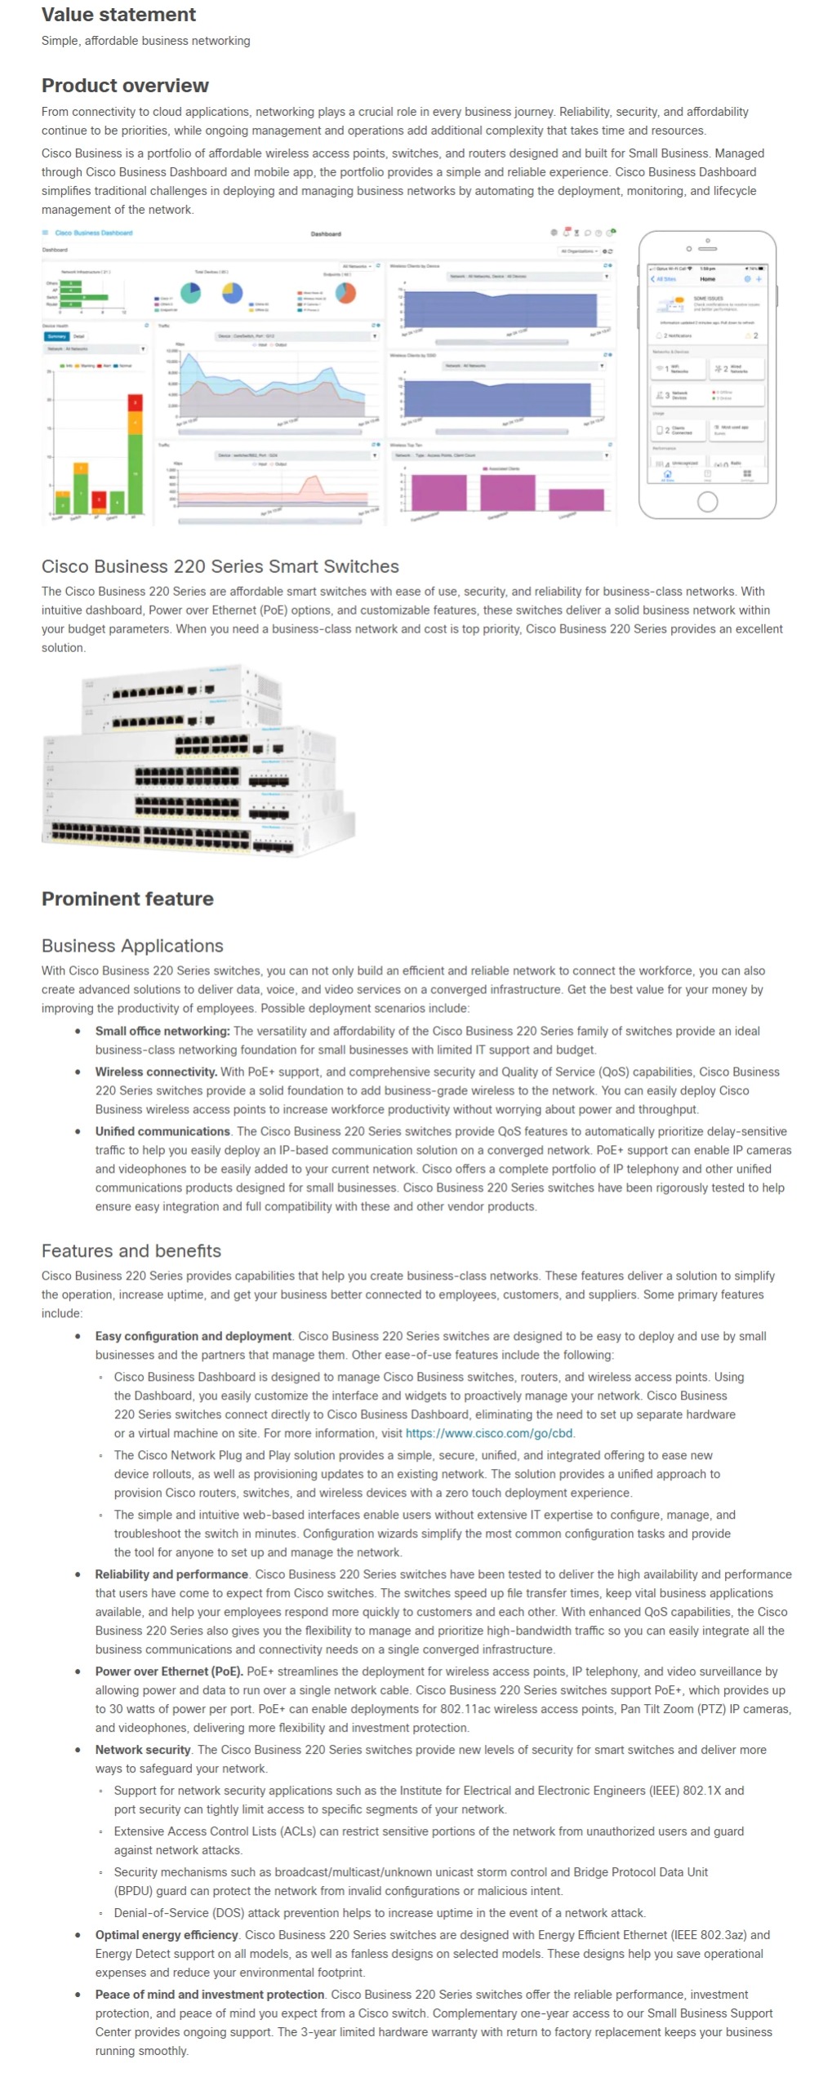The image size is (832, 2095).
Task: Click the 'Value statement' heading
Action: [x=118, y=15]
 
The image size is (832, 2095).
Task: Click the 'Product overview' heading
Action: [x=125, y=86]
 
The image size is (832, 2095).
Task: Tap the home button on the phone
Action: [x=707, y=501]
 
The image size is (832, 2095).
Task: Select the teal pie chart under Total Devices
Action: [x=190, y=292]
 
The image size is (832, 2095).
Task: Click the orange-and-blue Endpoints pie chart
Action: [x=346, y=292]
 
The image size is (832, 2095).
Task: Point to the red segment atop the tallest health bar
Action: [x=136, y=402]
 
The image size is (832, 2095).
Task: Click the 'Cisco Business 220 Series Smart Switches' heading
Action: [x=220, y=566]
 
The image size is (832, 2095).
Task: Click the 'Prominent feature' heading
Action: [x=127, y=899]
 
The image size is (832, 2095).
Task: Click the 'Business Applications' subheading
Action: [x=132, y=946]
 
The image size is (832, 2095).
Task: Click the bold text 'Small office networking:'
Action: [x=162, y=1031]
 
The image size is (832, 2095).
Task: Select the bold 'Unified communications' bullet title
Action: [x=162, y=1131]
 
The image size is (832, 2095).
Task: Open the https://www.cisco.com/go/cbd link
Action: [x=488, y=1433]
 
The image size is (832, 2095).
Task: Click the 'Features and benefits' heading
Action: [x=131, y=1251]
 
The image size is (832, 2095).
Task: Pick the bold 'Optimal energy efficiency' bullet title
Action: [x=167, y=1935]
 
